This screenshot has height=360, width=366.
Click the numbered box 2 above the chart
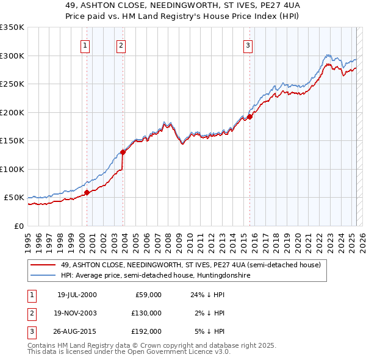pos(121,45)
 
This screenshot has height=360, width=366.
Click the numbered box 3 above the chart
pos(248,45)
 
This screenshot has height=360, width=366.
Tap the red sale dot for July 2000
pos(87,192)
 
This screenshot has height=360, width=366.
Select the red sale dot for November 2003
pos(123,152)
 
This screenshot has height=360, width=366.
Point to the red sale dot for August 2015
pos(250,117)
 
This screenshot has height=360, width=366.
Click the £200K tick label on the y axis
pos(12,112)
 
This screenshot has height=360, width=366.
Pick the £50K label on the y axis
pos(15,198)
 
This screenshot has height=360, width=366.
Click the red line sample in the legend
pos(44,265)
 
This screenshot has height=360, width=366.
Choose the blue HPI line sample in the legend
pos(44,276)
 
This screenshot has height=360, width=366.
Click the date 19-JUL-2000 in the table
pos(77,295)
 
